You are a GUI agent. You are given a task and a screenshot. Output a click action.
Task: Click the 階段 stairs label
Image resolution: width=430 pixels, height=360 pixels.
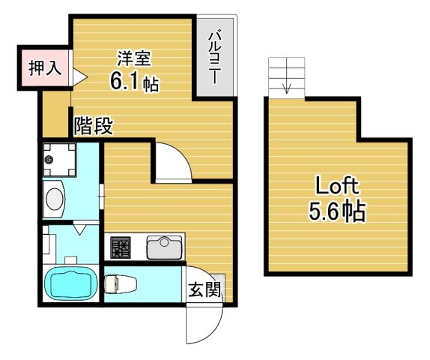coord(94,125)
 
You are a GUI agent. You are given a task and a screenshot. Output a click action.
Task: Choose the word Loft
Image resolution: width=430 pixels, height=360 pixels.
coord(336,184)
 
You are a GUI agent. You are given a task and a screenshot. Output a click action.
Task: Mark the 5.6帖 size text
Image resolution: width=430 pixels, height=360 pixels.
coord(336,212)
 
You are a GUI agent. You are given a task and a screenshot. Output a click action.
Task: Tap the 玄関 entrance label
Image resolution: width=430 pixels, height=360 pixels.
coord(204,289)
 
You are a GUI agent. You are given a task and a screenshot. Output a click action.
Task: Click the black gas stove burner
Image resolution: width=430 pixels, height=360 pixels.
coord(121,246)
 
